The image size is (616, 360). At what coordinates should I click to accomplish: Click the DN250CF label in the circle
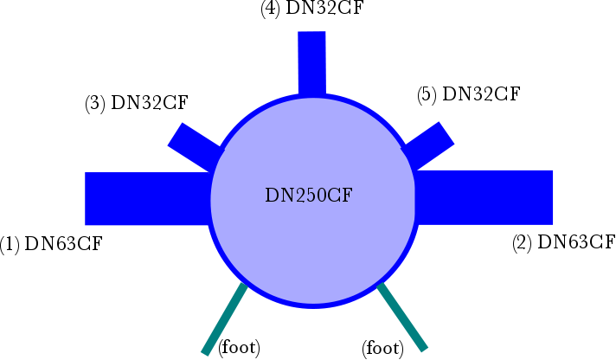coord(309,196)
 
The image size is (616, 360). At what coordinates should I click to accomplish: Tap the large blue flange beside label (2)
coord(484,197)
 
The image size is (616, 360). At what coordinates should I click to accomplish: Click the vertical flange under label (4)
coord(312,64)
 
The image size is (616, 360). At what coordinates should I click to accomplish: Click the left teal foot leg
coord(225,319)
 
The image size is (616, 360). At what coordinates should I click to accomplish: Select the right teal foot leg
coord(402,317)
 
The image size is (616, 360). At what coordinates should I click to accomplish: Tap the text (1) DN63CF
coord(51,244)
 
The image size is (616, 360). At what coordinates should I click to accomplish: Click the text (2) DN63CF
coord(564,242)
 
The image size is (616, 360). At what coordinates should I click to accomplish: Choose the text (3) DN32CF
coord(137,103)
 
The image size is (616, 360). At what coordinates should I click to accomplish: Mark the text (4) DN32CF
coord(312,9)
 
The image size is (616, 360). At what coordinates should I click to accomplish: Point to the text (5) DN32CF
coord(469,94)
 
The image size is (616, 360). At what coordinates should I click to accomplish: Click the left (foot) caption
coord(240,348)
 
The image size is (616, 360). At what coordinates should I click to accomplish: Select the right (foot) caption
coord(382,349)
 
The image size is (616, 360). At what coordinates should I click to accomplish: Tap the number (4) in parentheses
coord(271,9)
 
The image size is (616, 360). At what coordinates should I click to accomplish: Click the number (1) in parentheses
coord(10,244)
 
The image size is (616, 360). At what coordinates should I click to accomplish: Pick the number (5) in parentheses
coord(427,94)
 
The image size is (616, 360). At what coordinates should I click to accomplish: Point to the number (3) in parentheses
coord(95,103)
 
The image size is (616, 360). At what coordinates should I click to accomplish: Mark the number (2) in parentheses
coord(522,242)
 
